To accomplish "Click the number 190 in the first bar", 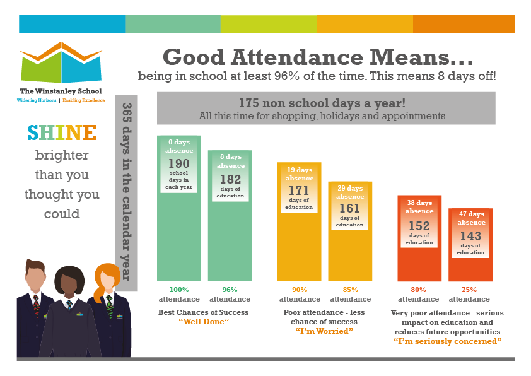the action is pyautogui.click(x=179, y=163).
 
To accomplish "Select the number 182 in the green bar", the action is pyautogui.click(x=230, y=179).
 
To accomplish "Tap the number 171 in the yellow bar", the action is pyautogui.click(x=299, y=191).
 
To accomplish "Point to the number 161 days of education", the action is pyautogui.click(x=350, y=208).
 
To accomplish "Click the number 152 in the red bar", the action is pyautogui.click(x=419, y=226).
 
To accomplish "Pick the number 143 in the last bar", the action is pyautogui.click(x=470, y=236).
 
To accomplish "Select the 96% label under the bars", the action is pyautogui.click(x=230, y=290).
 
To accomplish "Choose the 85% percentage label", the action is pyautogui.click(x=350, y=290).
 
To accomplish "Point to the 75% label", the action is pyautogui.click(x=469, y=290).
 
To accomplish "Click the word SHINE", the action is pyautogui.click(x=62, y=132).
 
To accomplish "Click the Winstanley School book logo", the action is pyautogui.click(x=61, y=62).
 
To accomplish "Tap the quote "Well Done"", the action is pyautogui.click(x=204, y=322).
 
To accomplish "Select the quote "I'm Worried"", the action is pyautogui.click(x=324, y=331).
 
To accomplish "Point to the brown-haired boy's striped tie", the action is pyautogui.click(x=36, y=305).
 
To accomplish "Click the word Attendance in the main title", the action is pyautogui.click(x=297, y=57).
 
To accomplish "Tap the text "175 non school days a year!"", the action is pyautogui.click(x=322, y=103).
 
